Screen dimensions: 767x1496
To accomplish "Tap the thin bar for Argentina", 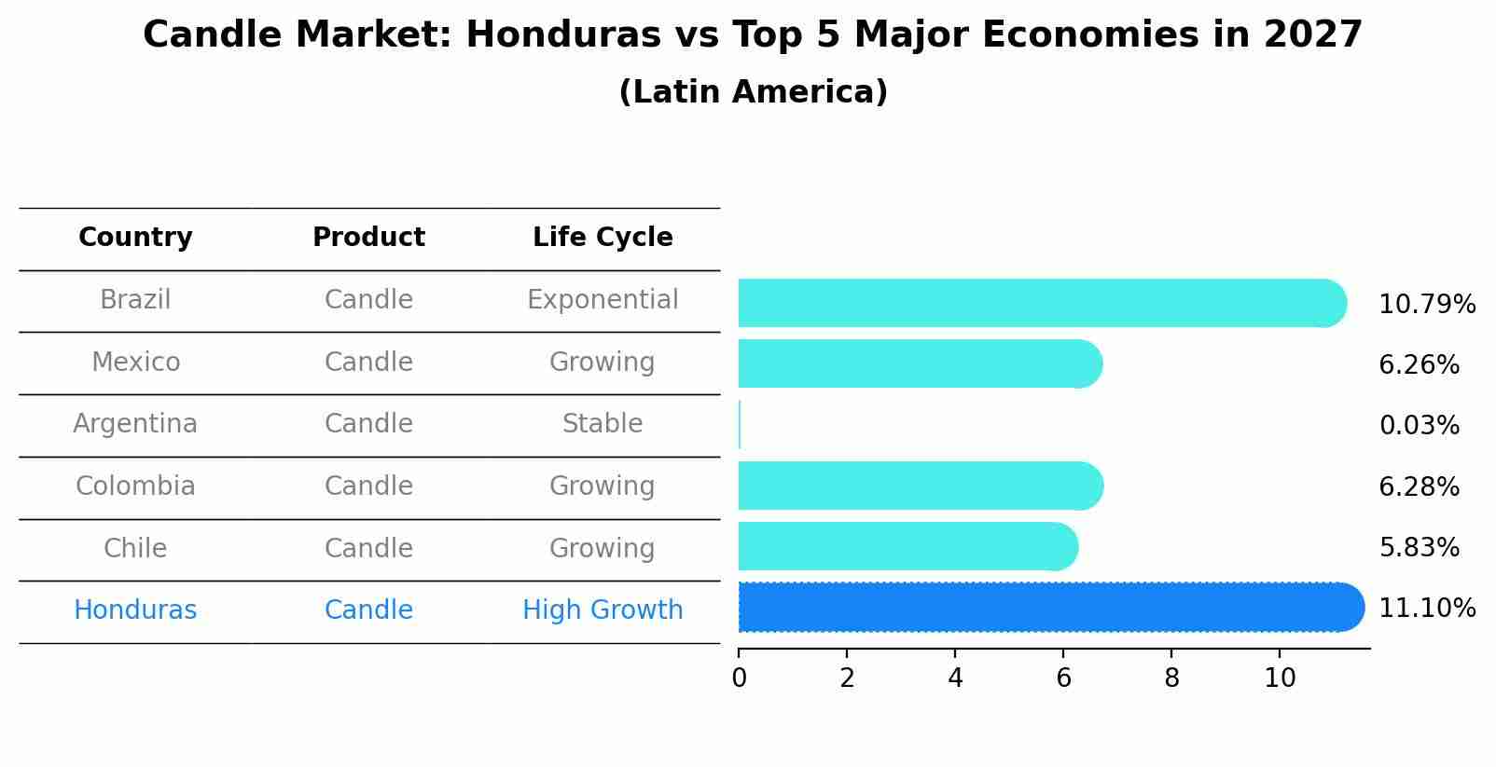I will point(740,425).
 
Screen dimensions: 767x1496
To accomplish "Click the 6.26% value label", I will point(1419,365).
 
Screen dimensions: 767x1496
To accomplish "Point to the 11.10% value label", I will point(1426,609).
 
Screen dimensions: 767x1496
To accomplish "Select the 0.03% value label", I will point(1419,426).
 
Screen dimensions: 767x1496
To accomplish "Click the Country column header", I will point(135,238).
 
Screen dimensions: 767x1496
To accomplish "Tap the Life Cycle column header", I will point(603,238).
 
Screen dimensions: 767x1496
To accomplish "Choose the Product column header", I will point(368,238).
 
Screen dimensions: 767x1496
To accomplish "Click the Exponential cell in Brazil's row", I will point(603,300).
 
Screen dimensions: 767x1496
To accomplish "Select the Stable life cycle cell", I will point(603,424).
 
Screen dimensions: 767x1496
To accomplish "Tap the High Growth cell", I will point(603,610).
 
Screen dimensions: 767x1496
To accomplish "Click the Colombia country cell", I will point(135,486).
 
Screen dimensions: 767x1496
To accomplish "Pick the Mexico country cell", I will point(135,363).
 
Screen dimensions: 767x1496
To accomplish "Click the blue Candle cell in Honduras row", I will point(368,610).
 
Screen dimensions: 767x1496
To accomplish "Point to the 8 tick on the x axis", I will point(1171,678).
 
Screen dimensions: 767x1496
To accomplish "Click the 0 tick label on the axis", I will point(739,678).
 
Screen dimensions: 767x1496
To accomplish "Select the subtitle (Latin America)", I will point(753,92).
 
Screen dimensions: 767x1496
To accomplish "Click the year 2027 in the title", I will point(1313,35).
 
